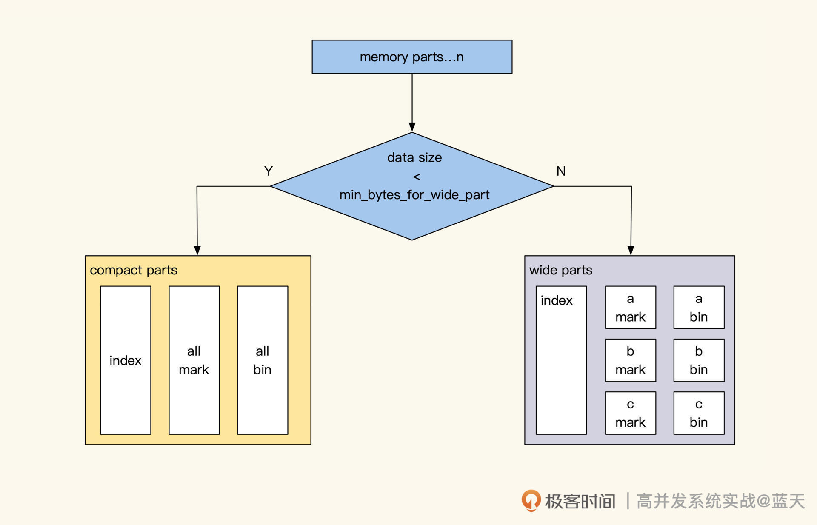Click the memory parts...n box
tap(412, 57)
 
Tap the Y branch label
tap(268, 171)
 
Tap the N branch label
tap(561, 171)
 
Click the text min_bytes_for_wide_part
tap(414, 195)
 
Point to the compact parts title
tap(134, 270)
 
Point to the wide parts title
tap(560, 270)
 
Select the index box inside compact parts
tap(126, 360)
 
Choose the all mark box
tap(194, 360)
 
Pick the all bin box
tap(263, 360)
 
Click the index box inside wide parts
tap(561, 360)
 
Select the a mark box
tap(630, 307)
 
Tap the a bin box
tap(699, 307)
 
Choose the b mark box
tap(630, 360)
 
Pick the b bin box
tap(699, 360)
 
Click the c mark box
tap(630, 413)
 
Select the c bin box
tap(699, 413)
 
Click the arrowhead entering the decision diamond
tap(412, 127)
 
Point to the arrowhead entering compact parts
tap(197, 251)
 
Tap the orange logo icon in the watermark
tap(531, 500)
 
